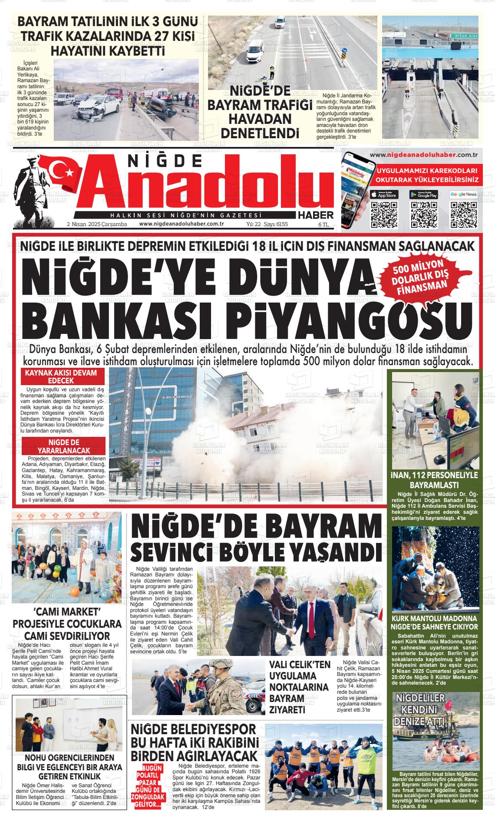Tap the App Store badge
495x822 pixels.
pos(384,194)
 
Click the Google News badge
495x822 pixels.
pos(463,194)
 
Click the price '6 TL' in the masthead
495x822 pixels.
pos(323,224)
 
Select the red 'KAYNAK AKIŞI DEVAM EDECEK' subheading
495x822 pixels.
pos(61,376)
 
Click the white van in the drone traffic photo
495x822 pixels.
pos(254,53)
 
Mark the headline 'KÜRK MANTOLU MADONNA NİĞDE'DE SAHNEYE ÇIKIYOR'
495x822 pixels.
pos(435,622)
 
